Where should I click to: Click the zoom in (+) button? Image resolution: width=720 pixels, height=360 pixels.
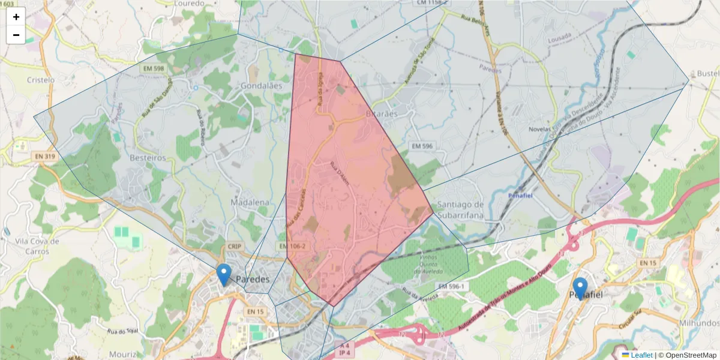[x=16, y=17]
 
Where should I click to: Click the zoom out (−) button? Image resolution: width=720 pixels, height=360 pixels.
[x=16, y=35]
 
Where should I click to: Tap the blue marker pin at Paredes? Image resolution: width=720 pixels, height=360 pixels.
[x=224, y=275]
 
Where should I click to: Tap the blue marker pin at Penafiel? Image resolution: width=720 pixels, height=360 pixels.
[x=580, y=289]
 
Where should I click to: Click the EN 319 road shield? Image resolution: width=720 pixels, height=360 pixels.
[x=44, y=156]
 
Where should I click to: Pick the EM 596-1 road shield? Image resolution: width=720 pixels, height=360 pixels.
[x=451, y=286]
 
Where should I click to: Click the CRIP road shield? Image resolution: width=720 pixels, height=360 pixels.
[x=234, y=247]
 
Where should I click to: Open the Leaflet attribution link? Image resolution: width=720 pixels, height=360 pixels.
[x=641, y=355]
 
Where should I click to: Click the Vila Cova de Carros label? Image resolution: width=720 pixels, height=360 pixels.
[x=37, y=246]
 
